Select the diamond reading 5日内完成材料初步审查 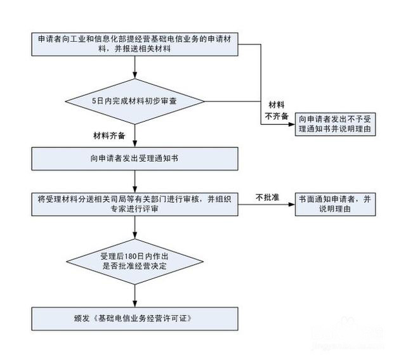pos(134,101)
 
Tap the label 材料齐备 pos(108,134)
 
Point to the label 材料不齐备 pos(277,110)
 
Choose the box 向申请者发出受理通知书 pos(134,158)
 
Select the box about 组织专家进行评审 pos(134,204)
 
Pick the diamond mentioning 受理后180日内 pos(134,260)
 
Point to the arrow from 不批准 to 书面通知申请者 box pos(279,204)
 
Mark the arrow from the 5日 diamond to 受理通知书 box pos(134,136)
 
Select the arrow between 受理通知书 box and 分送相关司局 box pos(134,182)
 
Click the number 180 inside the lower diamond pos(126,255)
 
